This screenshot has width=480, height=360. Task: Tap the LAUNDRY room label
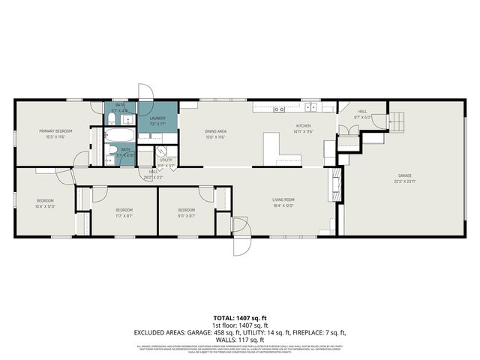pos(157,118)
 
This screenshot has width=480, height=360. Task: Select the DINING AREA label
pos(216,131)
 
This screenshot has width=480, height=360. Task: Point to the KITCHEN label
pos(303,126)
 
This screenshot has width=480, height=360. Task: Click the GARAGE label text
pos(405,176)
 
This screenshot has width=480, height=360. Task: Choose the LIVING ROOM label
pos(283,199)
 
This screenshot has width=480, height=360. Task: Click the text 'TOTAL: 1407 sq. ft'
pos(240,318)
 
